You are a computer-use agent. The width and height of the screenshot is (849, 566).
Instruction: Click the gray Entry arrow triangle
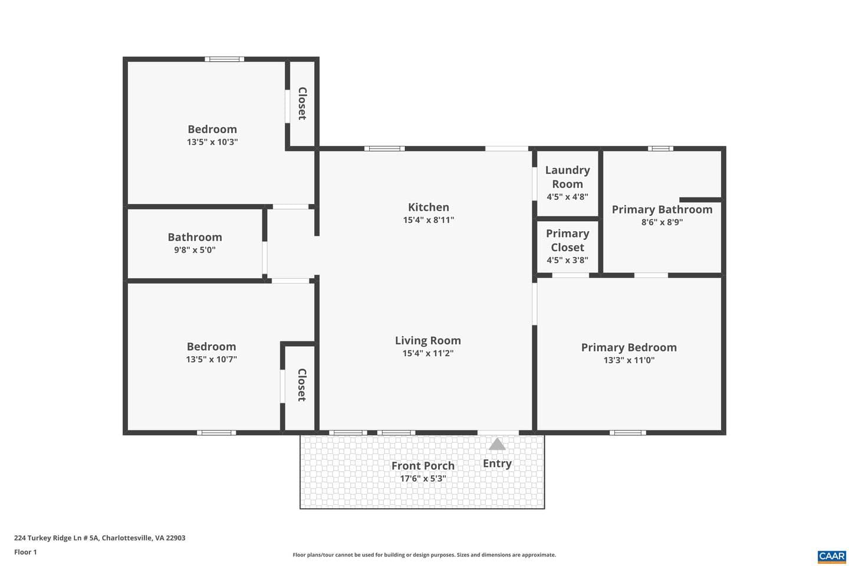coord(497,445)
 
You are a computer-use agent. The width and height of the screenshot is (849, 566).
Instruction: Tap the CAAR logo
coord(832,557)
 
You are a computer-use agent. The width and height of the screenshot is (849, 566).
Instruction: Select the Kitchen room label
coord(428,208)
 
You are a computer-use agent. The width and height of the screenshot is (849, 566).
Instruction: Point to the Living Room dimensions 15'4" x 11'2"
coord(428,353)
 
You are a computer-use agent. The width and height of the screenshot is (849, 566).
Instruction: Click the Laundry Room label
coord(567,177)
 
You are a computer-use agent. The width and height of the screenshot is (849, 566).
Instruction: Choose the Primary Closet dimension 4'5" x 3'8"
coord(567,260)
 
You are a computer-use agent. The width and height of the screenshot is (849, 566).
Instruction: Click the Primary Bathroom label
coord(662,210)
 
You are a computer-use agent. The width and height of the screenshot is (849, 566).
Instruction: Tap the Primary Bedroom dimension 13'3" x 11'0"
coord(629,360)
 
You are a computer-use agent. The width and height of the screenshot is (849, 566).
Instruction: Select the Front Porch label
coord(423,466)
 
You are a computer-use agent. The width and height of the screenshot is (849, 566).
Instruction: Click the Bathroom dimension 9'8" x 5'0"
coord(195,250)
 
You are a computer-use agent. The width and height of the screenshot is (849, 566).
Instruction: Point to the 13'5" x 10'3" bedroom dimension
coord(212,142)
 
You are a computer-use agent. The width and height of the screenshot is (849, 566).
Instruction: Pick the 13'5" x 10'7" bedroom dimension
coord(212,360)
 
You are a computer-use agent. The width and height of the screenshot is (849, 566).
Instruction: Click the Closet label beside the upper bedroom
coord(302,104)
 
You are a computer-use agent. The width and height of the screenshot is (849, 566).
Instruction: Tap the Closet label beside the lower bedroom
coord(302,385)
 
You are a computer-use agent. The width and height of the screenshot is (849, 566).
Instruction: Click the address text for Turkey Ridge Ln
coord(100,538)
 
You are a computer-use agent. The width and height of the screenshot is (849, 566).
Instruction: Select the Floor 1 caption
coord(25,552)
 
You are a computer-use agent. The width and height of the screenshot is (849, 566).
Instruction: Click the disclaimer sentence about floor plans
coord(424,555)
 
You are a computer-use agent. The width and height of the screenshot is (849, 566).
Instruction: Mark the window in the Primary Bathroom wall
coord(660,149)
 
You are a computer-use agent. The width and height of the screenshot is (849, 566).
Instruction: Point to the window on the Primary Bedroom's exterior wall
coord(628,433)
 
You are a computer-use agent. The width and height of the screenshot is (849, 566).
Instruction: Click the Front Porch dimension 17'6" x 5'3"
coord(423,479)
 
